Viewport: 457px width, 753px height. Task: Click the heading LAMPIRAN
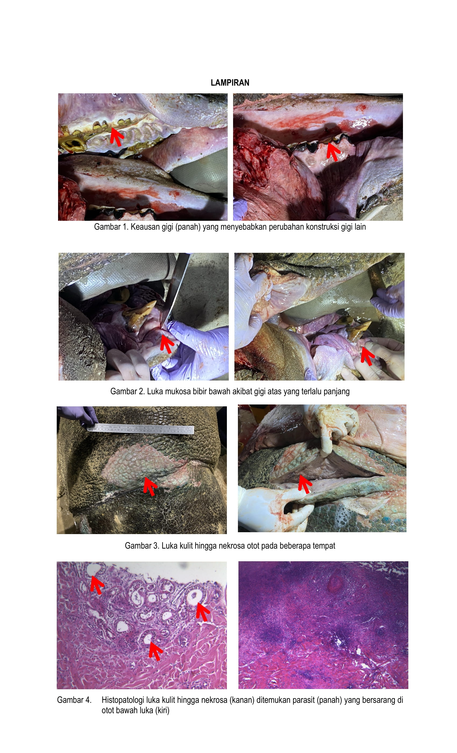tap(230, 83)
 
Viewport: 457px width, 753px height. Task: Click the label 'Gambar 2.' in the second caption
tap(127, 391)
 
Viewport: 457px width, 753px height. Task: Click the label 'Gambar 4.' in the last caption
tap(74, 700)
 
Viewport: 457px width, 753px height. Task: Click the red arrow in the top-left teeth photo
tap(116, 137)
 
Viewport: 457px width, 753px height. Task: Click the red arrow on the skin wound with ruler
tap(150, 486)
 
